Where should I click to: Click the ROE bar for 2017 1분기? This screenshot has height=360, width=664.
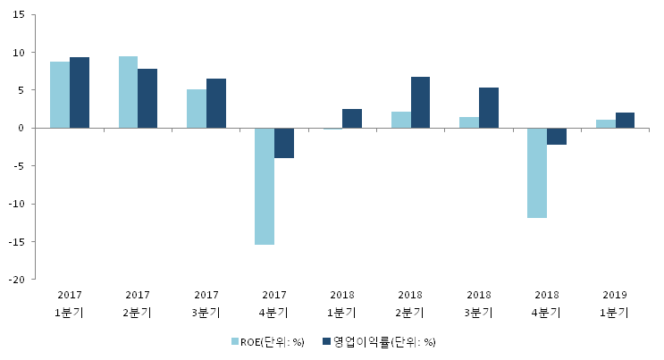60,95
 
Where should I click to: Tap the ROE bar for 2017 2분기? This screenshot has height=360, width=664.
128,92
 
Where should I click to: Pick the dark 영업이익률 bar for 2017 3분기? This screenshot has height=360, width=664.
216,104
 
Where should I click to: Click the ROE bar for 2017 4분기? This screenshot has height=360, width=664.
265,186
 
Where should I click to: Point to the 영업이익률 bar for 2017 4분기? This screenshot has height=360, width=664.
284,143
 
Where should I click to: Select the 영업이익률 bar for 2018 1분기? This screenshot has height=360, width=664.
352,119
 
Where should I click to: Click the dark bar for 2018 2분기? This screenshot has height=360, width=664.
421,103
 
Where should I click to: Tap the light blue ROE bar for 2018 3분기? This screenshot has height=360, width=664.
469,122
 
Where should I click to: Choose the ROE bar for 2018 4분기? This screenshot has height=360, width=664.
537,172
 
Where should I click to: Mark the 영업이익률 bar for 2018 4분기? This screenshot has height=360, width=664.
557,136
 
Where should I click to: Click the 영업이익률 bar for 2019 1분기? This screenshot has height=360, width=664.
625,121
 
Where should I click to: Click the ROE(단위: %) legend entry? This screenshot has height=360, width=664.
268,341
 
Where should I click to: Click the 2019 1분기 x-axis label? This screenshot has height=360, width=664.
615,303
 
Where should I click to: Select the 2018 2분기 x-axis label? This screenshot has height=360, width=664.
410,303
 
